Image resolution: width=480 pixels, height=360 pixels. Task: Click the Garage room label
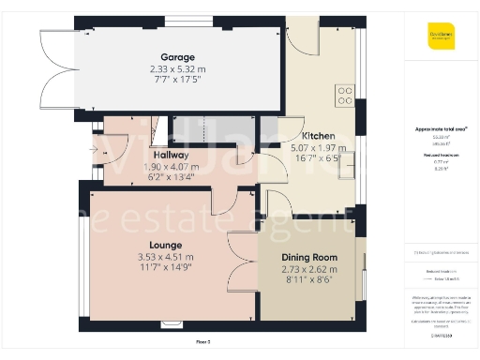(176, 58)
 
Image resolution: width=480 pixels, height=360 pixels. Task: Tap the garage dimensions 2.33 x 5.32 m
(176, 69)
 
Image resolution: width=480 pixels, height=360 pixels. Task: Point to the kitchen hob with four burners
(345, 94)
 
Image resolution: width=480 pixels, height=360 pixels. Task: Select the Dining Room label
(308, 257)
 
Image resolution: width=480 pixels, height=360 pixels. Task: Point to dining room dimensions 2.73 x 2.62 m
(308, 268)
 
